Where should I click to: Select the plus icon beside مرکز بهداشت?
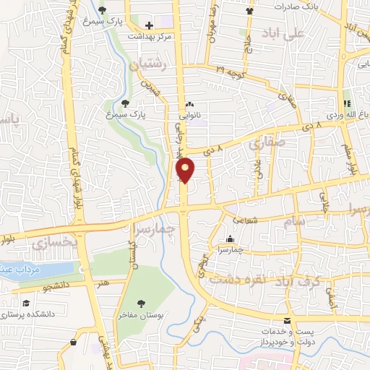(x=148, y=25)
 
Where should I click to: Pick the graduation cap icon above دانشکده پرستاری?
(x=26, y=304)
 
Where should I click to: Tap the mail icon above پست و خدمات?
(x=288, y=321)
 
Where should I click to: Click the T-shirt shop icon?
(x=250, y=11)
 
